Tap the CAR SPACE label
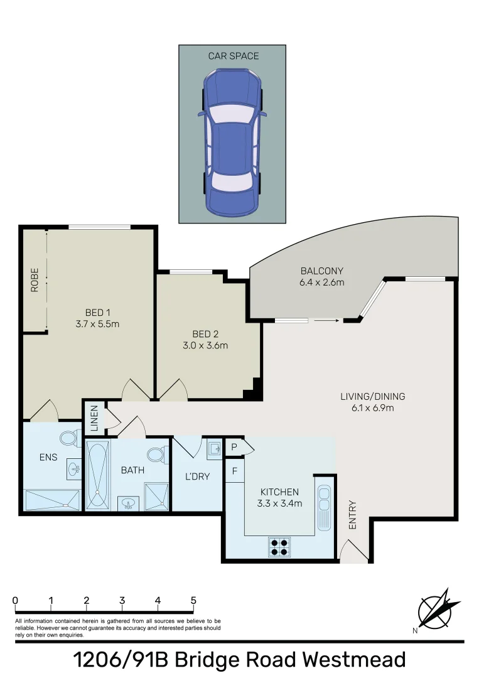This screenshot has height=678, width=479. coord(233,56)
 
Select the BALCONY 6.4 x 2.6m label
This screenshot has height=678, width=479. coord(322,277)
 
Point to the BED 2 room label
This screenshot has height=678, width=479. coord(207,334)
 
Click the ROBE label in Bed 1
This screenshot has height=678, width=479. coord(35,280)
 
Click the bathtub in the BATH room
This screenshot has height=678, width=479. coord(97,475)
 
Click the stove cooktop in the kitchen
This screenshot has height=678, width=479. coord(279,547)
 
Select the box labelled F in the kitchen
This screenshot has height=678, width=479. coord(234,471)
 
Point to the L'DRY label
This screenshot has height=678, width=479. coord(197,476)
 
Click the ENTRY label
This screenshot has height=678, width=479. coord(352,515)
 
